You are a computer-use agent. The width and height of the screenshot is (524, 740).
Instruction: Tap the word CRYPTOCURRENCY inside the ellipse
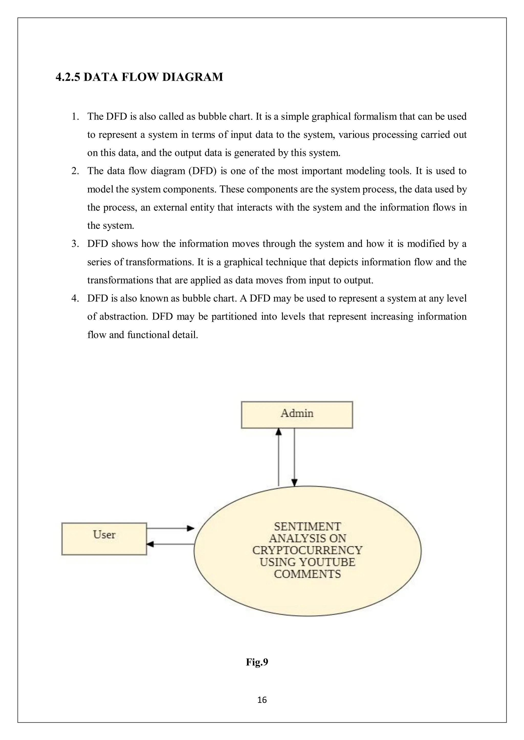[x=307, y=550]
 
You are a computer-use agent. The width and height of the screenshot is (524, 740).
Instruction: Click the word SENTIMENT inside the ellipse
[x=307, y=527]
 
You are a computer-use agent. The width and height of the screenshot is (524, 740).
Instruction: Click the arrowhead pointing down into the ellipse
[x=294, y=483]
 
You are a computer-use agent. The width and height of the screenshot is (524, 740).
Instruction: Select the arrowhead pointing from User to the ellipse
[x=191, y=528]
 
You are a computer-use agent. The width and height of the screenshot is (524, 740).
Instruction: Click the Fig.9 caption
[x=257, y=662]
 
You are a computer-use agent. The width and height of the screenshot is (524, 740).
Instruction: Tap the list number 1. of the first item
[x=75, y=116]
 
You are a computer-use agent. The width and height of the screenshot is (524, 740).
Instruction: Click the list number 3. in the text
[x=75, y=244]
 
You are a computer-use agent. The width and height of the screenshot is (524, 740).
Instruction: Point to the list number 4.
[x=75, y=298]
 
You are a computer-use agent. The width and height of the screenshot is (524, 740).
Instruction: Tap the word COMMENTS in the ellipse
[x=307, y=574]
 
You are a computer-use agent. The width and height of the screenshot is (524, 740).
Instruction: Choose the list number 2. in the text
[x=75, y=171]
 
